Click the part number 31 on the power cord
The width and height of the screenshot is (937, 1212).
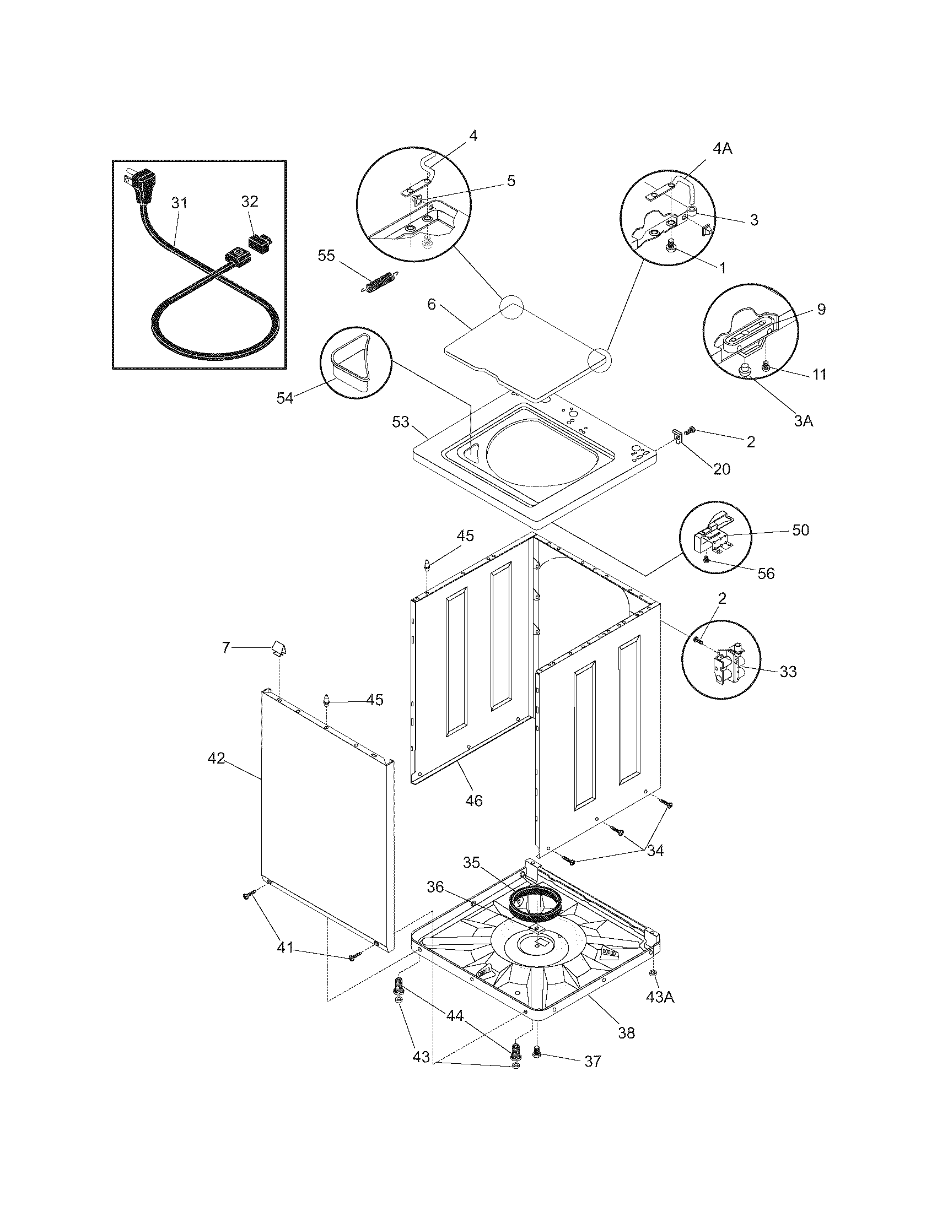[179, 203]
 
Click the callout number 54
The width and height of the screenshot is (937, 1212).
[285, 398]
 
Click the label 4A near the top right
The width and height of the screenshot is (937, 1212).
[721, 148]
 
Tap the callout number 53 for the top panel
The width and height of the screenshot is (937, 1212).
[400, 423]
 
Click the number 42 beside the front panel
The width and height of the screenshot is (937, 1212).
[216, 758]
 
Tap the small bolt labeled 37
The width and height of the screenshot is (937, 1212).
[536, 1051]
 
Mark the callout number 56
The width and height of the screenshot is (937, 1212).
[766, 573]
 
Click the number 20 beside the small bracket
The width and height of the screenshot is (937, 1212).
[721, 469]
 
